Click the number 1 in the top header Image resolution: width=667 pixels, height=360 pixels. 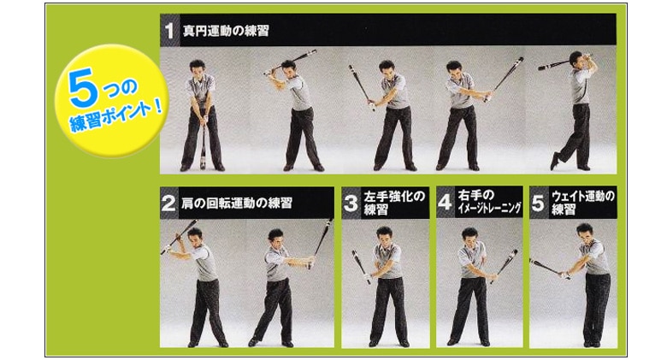169,31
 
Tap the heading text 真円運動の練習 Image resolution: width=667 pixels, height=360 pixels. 226,31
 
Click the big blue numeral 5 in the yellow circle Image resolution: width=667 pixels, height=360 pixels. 82,90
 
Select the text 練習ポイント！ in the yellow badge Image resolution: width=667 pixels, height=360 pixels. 115,116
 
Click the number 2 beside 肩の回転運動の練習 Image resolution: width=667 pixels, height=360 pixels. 168,204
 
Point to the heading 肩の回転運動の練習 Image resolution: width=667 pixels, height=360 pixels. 237,203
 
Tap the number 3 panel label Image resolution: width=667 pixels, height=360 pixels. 351,203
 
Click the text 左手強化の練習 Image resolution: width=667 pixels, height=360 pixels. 394,203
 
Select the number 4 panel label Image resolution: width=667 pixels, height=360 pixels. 445,202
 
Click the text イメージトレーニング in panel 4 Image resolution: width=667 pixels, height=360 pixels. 489,209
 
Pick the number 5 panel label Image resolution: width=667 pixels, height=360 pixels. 538,203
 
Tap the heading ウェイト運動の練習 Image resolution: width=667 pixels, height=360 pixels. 583,203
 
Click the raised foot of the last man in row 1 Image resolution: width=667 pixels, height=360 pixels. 554,160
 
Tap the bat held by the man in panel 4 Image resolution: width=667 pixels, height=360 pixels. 504,266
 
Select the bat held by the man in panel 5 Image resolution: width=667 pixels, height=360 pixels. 550,268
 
